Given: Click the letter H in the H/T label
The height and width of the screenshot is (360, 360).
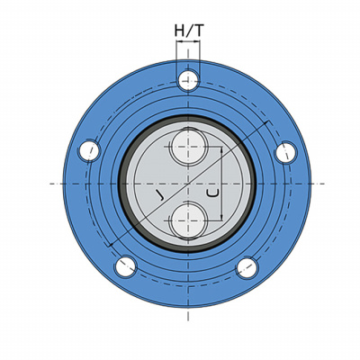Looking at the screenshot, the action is (x=180, y=31).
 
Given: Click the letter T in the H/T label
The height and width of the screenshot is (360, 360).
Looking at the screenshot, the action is (x=199, y=31).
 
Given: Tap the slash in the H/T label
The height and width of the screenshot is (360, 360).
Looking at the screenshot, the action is (x=189, y=31).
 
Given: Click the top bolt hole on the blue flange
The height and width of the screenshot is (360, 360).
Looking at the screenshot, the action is (x=188, y=80).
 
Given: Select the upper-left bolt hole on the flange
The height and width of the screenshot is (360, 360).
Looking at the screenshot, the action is (x=89, y=150).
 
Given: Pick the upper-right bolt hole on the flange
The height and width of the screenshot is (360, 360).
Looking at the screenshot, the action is (x=285, y=152).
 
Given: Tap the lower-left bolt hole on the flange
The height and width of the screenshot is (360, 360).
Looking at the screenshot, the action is (x=126, y=266).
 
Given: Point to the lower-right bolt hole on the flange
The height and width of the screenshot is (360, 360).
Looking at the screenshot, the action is (x=247, y=267).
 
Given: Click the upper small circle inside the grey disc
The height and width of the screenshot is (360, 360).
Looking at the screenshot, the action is (x=188, y=148).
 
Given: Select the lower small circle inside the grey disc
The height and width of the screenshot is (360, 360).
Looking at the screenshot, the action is (x=188, y=220).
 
